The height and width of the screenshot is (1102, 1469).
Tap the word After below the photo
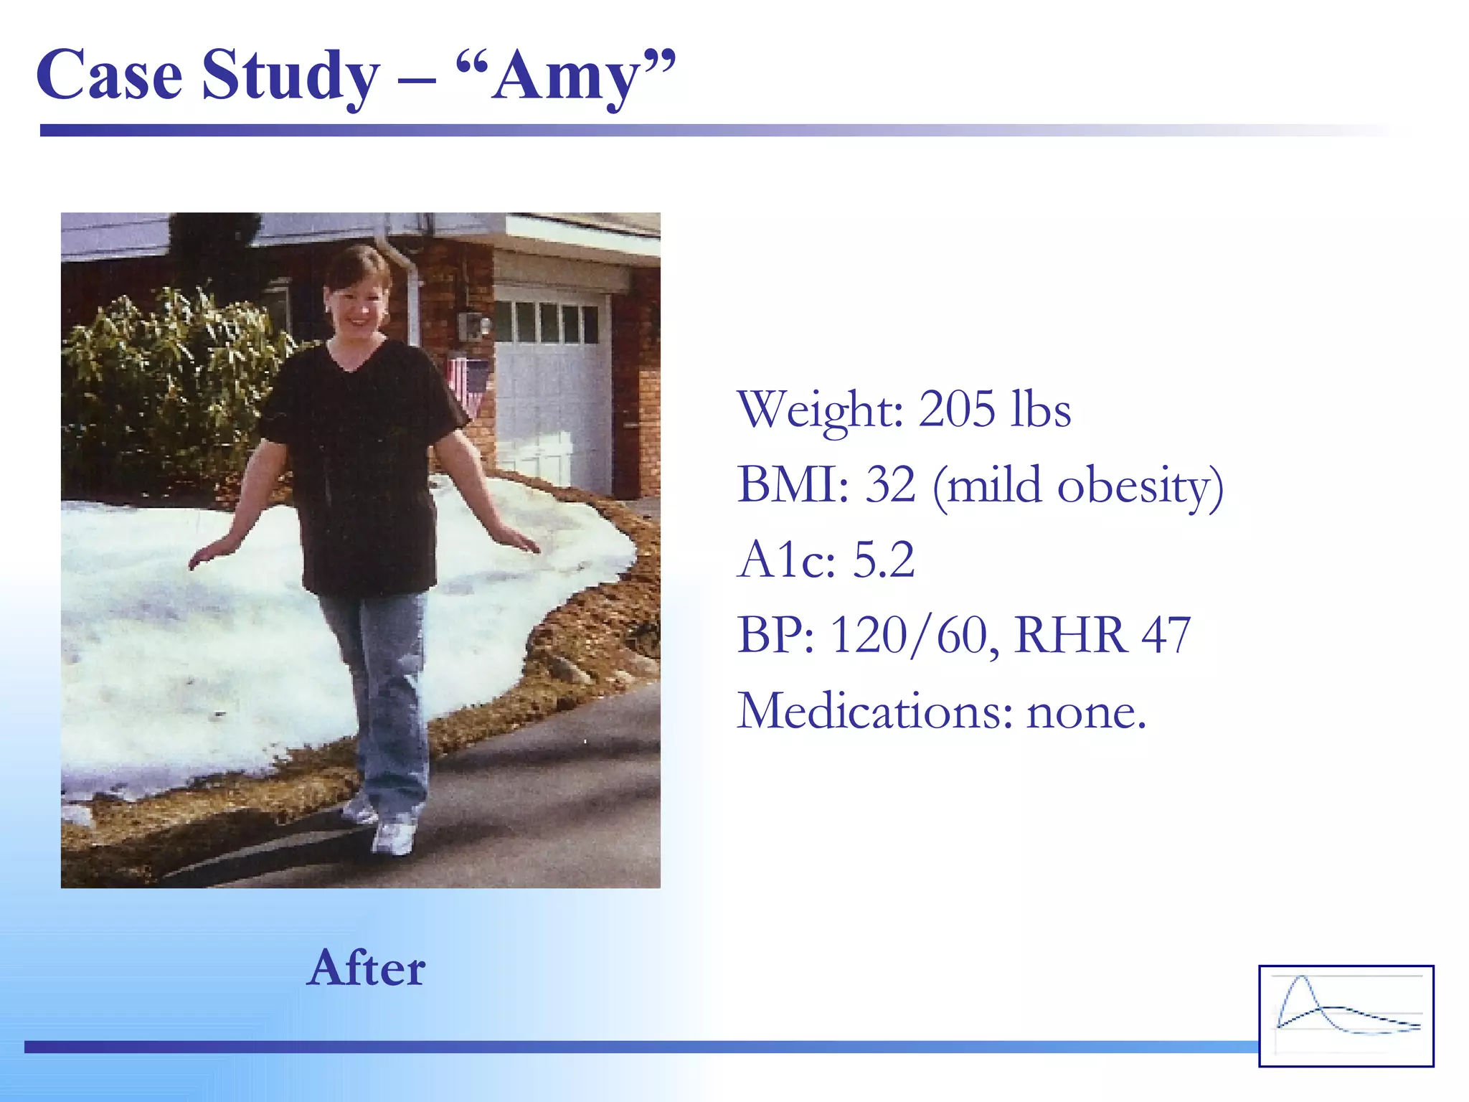pyautogui.click(x=366, y=969)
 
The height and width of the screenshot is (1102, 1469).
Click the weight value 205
pyautogui.click(x=957, y=410)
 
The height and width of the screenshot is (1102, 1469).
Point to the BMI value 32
pyautogui.click(x=890, y=485)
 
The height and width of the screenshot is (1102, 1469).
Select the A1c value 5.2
pyautogui.click(x=883, y=560)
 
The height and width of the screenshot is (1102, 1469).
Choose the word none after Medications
pyautogui.click(x=1086, y=712)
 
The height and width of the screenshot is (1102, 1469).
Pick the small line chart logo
pyautogui.click(x=1346, y=1015)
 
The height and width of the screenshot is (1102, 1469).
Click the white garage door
pyautogui.click(x=552, y=402)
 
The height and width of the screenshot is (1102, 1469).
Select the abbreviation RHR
pyautogui.click(x=1069, y=636)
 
